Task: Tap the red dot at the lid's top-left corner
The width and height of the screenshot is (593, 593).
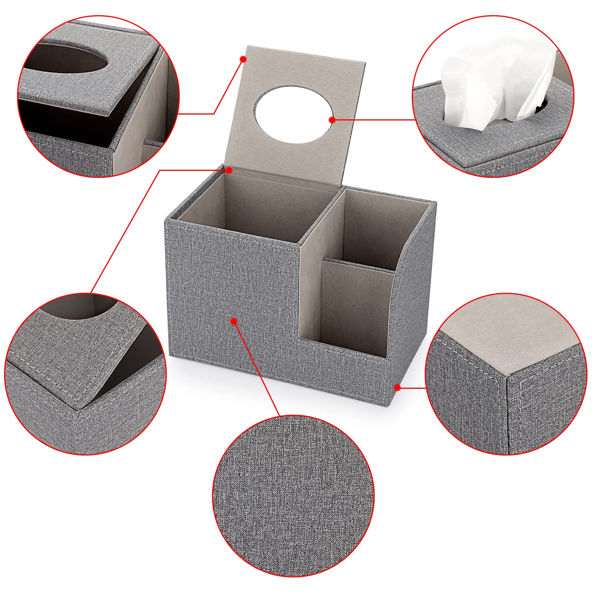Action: point(243,59)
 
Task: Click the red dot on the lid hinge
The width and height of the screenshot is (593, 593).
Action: point(229,170)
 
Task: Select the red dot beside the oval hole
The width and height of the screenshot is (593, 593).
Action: point(332,120)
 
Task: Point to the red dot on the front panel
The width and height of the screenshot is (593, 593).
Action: point(234,321)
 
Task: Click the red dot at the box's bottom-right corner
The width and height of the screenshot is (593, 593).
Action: point(397,388)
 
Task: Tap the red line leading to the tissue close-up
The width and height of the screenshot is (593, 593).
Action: point(374,120)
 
